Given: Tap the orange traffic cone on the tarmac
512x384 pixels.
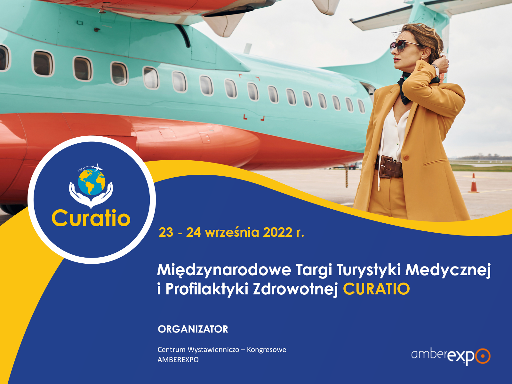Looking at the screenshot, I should [474, 184].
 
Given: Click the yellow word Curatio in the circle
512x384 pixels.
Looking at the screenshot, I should [91, 218].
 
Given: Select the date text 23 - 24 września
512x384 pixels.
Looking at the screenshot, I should [209, 232].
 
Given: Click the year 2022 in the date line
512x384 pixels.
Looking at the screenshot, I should [277, 232].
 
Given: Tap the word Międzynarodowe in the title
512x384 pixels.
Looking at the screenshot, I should [224, 270].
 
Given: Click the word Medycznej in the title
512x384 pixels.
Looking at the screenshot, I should [448, 270].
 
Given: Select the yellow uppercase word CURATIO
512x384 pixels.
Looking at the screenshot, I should [376, 289].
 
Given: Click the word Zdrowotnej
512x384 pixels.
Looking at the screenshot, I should [295, 289].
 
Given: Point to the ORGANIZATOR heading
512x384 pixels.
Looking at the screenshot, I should [193, 329].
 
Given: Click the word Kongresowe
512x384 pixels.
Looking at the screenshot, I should [267, 349].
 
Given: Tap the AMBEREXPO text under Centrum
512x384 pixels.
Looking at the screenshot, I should [178, 360].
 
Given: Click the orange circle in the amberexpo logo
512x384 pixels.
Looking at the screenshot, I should [483, 356].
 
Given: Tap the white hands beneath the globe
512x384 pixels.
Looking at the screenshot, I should [91, 195].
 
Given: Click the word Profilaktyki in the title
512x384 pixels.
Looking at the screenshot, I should [207, 289].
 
